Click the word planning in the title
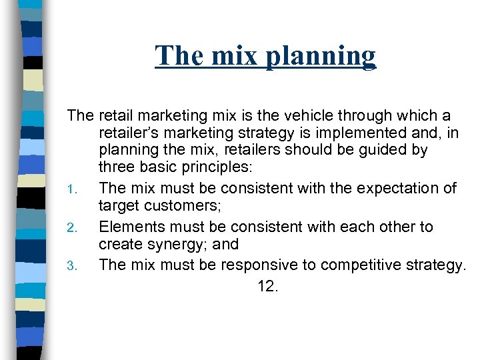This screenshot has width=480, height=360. pyautogui.click(x=321, y=56)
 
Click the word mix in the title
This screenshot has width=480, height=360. pyautogui.click(x=237, y=56)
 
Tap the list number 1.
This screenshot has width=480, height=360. pyautogui.click(x=74, y=189)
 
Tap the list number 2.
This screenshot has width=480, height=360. pyautogui.click(x=74, y=228)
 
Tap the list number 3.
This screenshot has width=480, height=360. pyautogui.click(x=74, y=266)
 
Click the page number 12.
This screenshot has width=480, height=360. pyautogui.click(x=267, y=287)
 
